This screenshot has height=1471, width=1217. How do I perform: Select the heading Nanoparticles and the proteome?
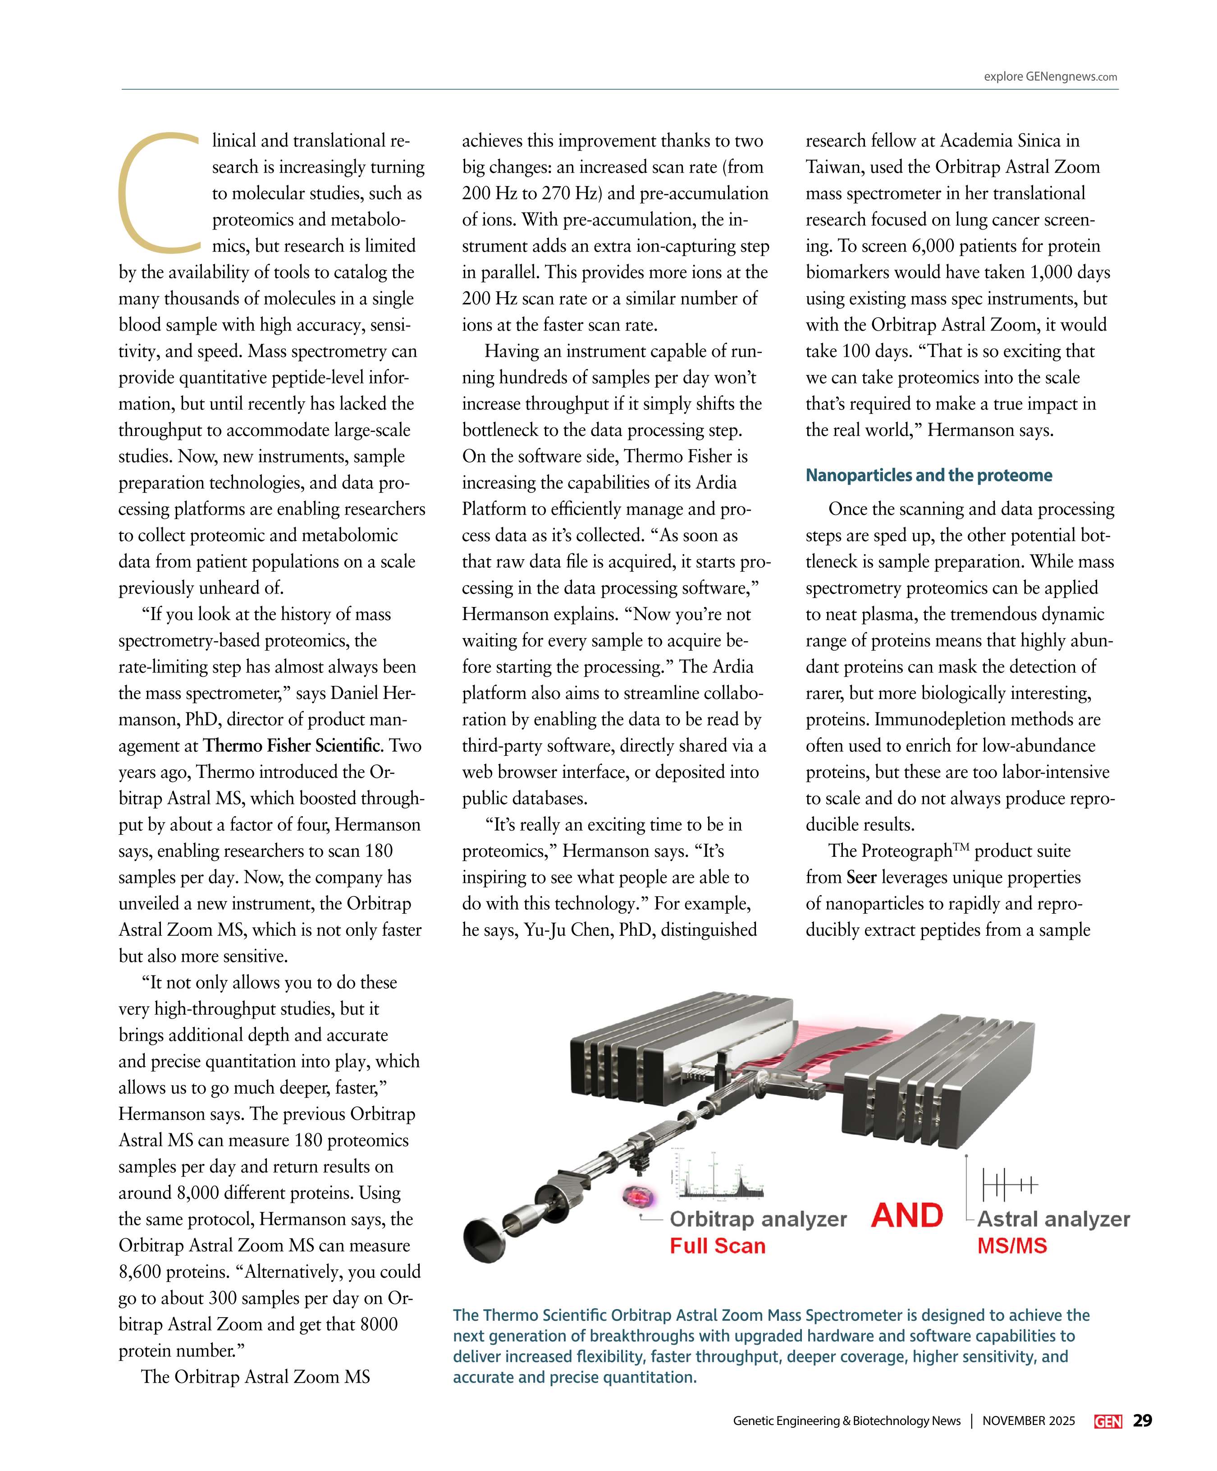[x=929, y=476]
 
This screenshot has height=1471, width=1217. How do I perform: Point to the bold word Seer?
[x=861, y=877]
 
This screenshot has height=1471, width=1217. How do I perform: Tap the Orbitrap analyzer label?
[x=758, y=1219]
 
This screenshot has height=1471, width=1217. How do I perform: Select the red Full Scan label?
[x=717, y=1246]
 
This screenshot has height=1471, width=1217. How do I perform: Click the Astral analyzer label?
[x=1053, y=1219]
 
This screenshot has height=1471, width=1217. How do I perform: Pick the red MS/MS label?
[x=1012, y=1246]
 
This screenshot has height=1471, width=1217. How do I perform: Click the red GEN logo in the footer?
[x=1108, y=1421]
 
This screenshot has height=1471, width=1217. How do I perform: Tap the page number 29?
[x=1142, y=1420]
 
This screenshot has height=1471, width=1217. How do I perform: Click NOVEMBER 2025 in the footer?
[x=1028, y=1421]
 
